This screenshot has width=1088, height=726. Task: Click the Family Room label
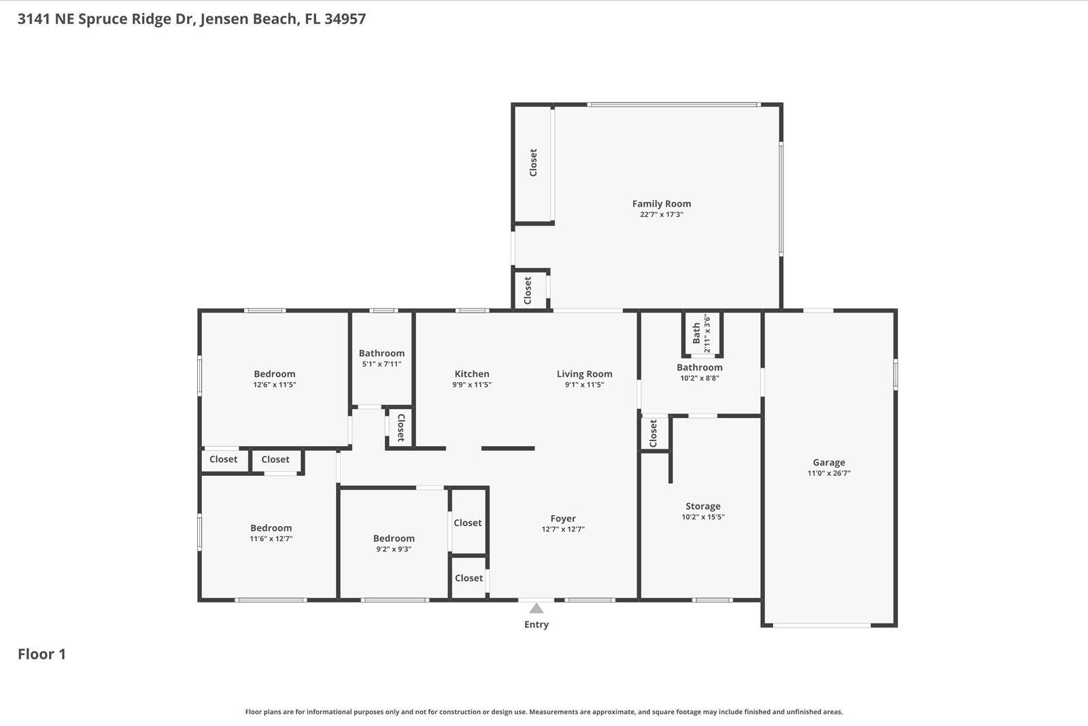661,203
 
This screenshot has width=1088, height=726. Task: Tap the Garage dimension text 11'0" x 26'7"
828,473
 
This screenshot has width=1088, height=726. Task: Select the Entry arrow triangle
537,608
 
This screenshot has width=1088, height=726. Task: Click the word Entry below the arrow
536,625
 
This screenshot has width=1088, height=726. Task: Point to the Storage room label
702,506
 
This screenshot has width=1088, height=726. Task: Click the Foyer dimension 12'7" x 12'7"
562,530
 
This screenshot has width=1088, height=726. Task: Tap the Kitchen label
471,374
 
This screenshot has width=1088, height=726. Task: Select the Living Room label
584,374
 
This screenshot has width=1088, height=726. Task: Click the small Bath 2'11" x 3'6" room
701,333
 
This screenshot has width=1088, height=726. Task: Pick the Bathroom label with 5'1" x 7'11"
381,353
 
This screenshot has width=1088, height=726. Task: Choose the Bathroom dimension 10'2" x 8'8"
699,378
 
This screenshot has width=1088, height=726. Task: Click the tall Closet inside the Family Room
533,163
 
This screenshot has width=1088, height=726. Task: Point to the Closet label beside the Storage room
653,433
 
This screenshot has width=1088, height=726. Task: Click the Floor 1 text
41,654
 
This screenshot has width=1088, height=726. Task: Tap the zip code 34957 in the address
345,19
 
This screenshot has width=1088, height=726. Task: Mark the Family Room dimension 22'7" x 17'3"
661,215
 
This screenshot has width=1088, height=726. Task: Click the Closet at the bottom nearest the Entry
469,578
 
